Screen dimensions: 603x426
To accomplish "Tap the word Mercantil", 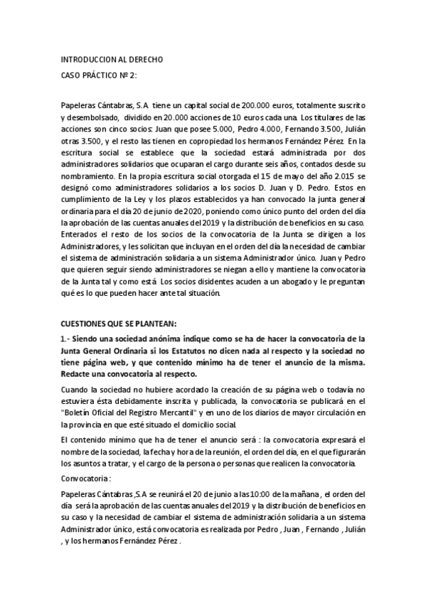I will pyautogui.click(x=170, y=411).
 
